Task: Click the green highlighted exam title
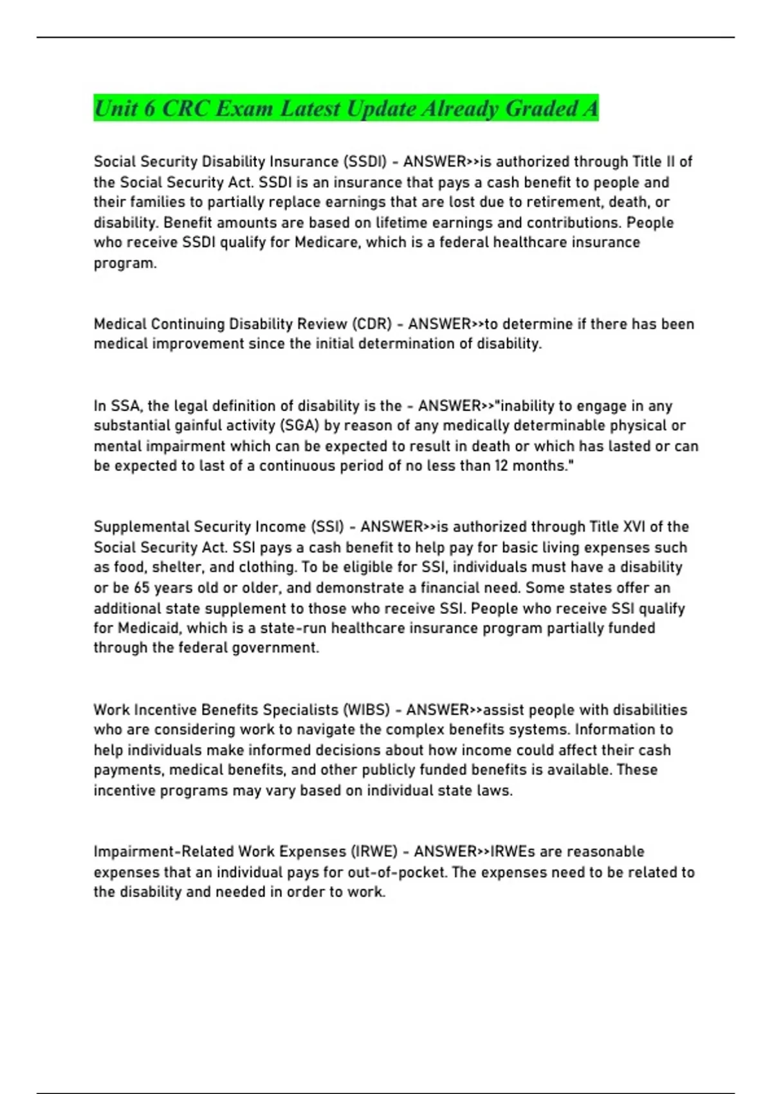(346, 108)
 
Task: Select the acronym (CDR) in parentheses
(372, 324)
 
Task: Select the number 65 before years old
(142, 588)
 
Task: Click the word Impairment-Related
(164, 852)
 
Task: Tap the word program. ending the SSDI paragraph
(125, 263)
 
